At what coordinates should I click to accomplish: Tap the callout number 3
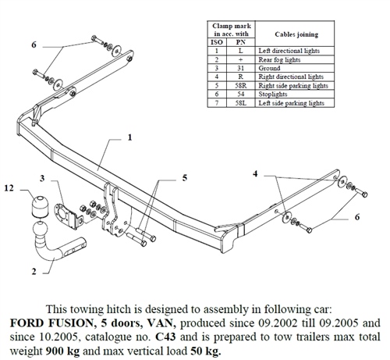click(43, 179)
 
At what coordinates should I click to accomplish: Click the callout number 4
click(256, 173)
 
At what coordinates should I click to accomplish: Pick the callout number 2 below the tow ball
click(34, 273)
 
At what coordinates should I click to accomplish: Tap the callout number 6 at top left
click(34, 46)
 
